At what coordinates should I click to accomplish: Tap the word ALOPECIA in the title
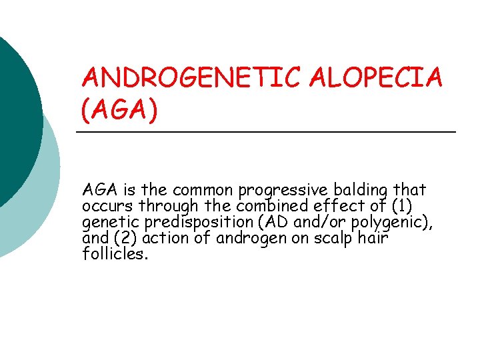(x=387, y=79)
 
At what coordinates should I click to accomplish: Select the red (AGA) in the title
(x=120, y=110)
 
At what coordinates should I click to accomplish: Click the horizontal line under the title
(x=267, y=133)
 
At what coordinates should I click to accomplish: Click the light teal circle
(x=40, y=200)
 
